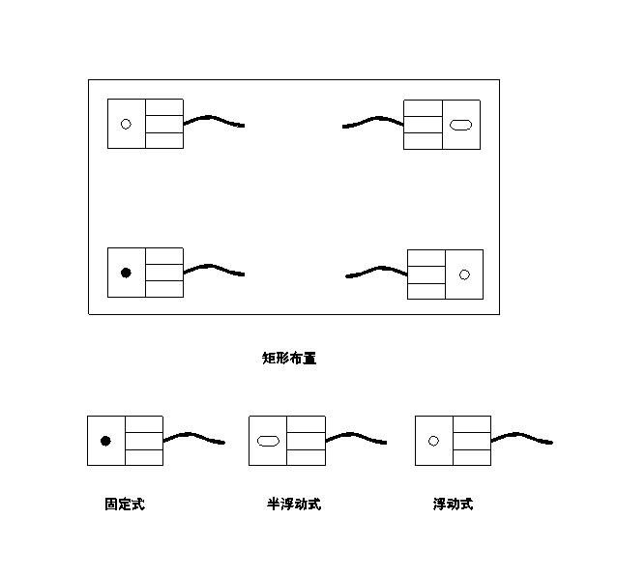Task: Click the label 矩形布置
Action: click(x=289, y=358)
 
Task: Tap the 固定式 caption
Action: click(x=125, y=504)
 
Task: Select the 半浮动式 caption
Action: click(x=294, y=504)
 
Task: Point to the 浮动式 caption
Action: click(x=453, y=504)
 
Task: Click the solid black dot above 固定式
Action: click(x=105, y=441)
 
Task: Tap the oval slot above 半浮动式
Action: click(x=268, y=441)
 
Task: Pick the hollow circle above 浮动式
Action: click(x=433, y=441)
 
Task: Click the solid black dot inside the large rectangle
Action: click(x=126, y=273)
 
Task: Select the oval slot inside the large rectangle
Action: click(x=460, y=125)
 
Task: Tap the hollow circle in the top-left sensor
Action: click(x=126, y=124)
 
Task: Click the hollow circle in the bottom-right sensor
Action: click(x=464, y=274)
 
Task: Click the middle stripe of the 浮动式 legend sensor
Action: click(x=472, y=441)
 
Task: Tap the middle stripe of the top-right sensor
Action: click(x=423, y=125)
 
